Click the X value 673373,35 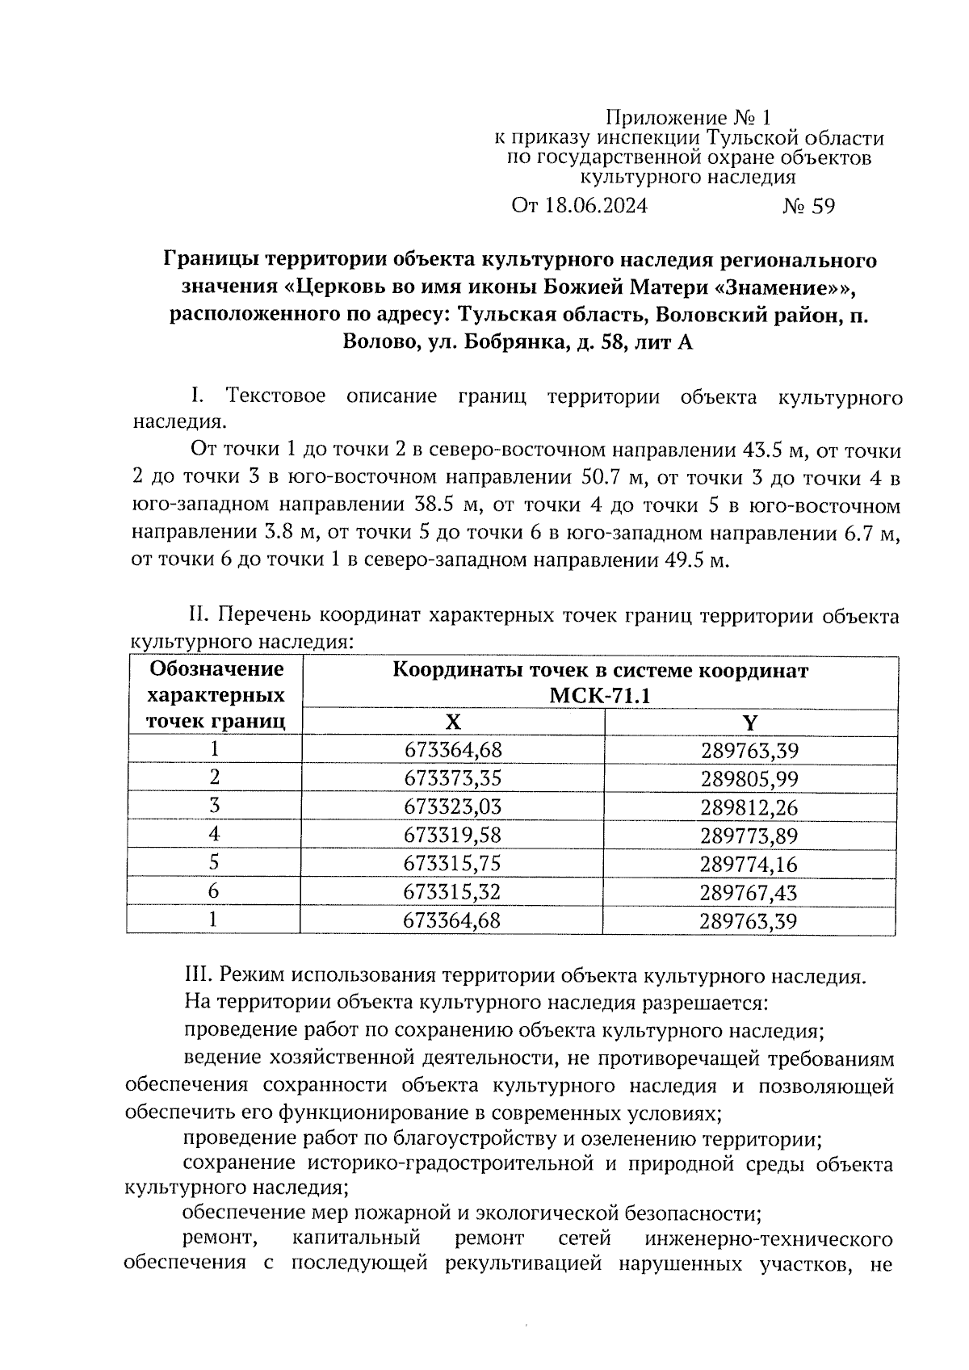point(452,778)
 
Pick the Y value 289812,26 point(749,807)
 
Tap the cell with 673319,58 point(452,836)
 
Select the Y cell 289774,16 point(749,865)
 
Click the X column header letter point(454,722)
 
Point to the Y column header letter point(750,722)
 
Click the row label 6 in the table point(214,891)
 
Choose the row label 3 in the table point(214,806)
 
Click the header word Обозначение point(216,669)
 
